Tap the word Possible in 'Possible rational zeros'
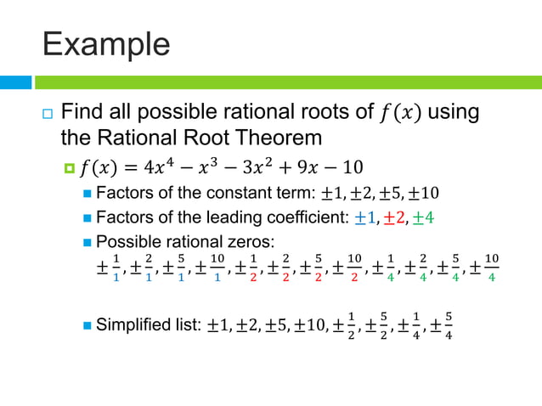coord(127,241)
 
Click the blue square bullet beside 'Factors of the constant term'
coord(88,192)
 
